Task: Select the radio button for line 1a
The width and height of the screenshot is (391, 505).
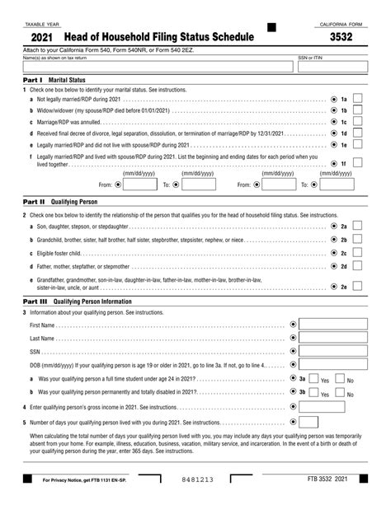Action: (333, 99)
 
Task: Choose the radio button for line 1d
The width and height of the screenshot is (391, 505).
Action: (333, 133)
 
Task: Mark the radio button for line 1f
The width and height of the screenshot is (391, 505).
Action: (333, 164)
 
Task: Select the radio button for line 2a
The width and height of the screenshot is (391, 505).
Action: (333, 225)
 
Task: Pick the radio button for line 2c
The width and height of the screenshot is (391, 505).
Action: (333, 253)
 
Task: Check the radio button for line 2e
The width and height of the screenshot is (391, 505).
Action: (333, 287)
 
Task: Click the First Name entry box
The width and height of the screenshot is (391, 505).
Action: (332, 325)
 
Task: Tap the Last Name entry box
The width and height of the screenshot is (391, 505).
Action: (332, 338)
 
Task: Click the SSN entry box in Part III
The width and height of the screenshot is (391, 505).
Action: (332, 351)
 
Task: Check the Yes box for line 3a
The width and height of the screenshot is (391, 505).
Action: (313, 379)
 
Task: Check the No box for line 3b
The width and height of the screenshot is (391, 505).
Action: (341, 392)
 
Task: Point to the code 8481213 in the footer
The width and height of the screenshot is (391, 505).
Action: (195, 479)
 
